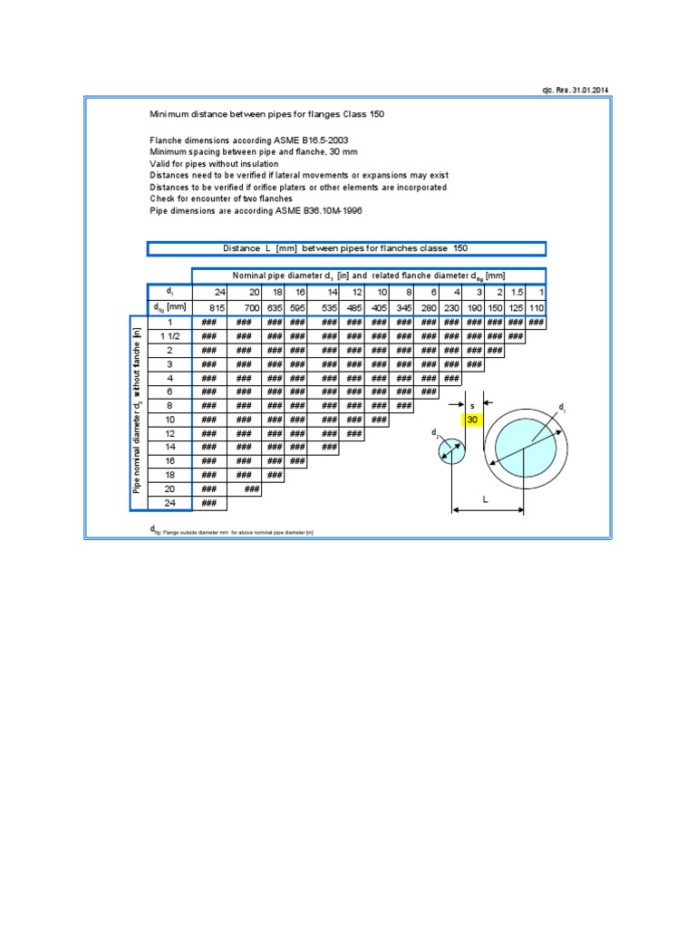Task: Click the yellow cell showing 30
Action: (x=472, y=420)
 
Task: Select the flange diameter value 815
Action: (x=217, y=308)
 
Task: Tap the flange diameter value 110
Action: (x=536, y=308)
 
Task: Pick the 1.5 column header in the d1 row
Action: (x=515, y=292)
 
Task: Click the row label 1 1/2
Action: (x=169, y=336)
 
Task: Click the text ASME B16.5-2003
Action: (x=290, y=140)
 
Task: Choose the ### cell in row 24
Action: (x=208, y=503)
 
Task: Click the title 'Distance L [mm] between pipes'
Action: (x=346, y=248)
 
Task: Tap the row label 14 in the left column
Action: (x=169, y=447)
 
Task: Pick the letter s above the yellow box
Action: (x=472, y=404)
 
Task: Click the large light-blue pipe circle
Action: (x=528, y=442)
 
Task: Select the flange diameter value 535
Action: (x=329, y=308)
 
